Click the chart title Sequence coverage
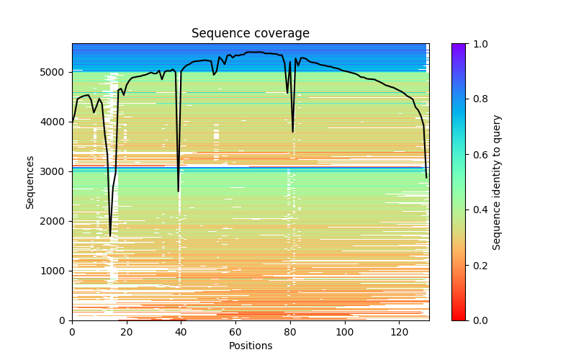[250, 34]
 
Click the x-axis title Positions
[250, 346]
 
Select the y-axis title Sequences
[30, 181]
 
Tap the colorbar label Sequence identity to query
[497, 181]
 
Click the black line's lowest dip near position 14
[110, 235]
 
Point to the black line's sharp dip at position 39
[179, 191]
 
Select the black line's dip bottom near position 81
[293, 132]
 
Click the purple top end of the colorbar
[458, 45]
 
